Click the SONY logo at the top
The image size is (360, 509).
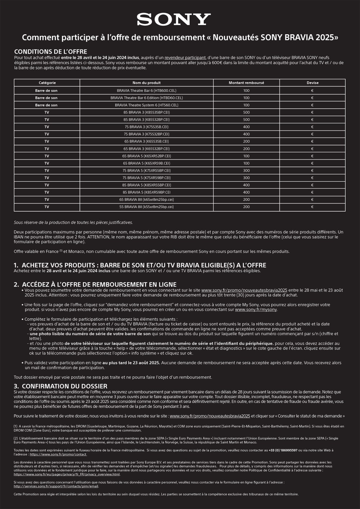(x=174, y=19)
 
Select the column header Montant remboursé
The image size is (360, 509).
(x=246, y=83)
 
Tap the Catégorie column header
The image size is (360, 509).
(x=47, y=83)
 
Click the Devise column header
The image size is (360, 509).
(x=312, y=83)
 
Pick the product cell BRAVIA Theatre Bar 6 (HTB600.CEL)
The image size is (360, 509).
(x=147, y=91)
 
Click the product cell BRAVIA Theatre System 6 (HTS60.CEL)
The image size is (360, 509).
(x=147, y=105)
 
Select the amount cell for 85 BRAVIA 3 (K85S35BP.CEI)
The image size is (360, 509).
(x=246, y=112)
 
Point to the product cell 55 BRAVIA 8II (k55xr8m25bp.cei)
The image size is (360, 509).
(x=147, y=207)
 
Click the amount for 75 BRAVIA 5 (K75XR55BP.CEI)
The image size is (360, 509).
(x=246, y=171)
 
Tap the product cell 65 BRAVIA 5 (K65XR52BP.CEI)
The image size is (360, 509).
(x=147, y=156)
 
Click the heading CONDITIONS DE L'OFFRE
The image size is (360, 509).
(x=50, y=52)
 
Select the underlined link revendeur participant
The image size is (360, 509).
(x=185, y=58)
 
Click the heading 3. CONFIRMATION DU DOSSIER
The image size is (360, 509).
(x=60, y=386)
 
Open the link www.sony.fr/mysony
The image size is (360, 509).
(x=256, y=310)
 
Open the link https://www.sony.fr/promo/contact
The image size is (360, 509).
(x=58, y=455)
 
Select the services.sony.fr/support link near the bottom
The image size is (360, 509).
(x=56, y=486)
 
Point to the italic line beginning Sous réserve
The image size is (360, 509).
(x=73, y=222)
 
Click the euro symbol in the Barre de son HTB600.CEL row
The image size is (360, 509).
(x=312, y=91)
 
